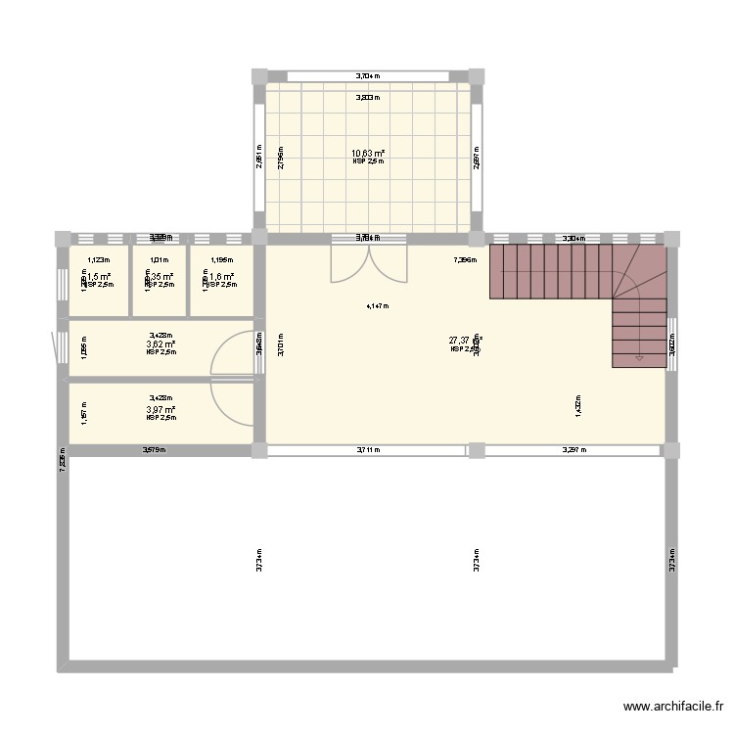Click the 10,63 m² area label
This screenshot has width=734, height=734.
tap(368, 153)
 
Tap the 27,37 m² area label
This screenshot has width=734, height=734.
tap(466, 341)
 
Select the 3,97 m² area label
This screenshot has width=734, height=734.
tap(161, 409)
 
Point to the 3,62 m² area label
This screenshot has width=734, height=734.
tap(161, 344)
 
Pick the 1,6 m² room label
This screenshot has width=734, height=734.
tap(222, 277)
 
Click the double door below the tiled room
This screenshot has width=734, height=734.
tap(368, 262)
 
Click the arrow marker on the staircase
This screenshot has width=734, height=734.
tap(639, 358)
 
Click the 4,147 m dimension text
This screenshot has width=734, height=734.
tap(377, 306)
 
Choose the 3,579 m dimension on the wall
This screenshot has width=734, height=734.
tap(154, 450)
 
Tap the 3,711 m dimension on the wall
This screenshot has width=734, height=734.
tap(367, 450)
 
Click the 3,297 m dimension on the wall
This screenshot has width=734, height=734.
tap(573, 450)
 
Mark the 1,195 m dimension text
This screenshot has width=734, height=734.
tap(222, 260)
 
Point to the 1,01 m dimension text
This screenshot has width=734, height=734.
tap(160, 260)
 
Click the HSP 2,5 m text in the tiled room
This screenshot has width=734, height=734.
tap(368, 161)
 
